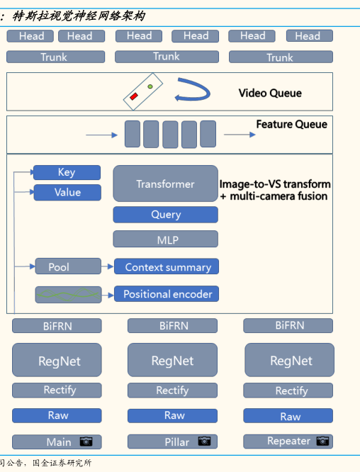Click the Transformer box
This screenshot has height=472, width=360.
pos(166,184)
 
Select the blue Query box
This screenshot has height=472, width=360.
pos(166,215)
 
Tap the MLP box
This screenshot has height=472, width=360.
pos(166,239)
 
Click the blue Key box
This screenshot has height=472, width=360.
pos(67,172)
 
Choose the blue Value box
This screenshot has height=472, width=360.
pos(67,192)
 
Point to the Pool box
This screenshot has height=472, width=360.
pos(68,266)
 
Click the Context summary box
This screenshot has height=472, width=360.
pos(167,266)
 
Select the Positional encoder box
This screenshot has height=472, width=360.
pos(167,294)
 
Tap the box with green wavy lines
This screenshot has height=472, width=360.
pos(68,295)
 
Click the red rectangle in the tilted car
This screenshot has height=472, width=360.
pos(134,96)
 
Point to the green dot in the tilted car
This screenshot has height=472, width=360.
pos(150,86)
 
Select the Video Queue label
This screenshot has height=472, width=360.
pos(270,93)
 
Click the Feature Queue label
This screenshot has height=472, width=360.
pos(291,124)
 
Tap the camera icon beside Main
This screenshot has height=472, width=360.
pos(86,442)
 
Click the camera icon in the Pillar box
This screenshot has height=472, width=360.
pos(204,441)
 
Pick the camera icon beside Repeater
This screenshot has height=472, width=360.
pos(322,442)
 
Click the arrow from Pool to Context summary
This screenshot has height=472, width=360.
pos(108,266)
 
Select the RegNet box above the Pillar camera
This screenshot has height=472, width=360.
pos(172,360)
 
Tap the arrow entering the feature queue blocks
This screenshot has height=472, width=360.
pos(102,135)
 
